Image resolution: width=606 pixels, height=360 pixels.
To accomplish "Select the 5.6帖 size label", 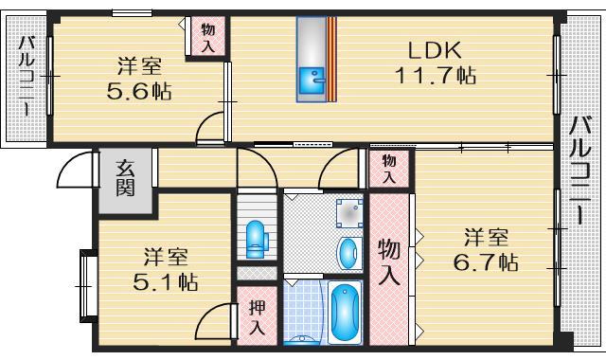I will click(x=139, y=92).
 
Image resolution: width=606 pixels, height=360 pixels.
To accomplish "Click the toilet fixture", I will click(x=255, y=239).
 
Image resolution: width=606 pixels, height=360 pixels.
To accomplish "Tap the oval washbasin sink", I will click(x=348, y=253).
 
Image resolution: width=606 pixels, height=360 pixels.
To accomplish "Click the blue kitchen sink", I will click(x=310, y=83).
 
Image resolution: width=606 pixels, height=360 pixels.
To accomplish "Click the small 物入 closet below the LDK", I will click(x=388, y=170).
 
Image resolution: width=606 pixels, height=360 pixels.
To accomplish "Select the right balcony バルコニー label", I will click(x=580, y=171).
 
